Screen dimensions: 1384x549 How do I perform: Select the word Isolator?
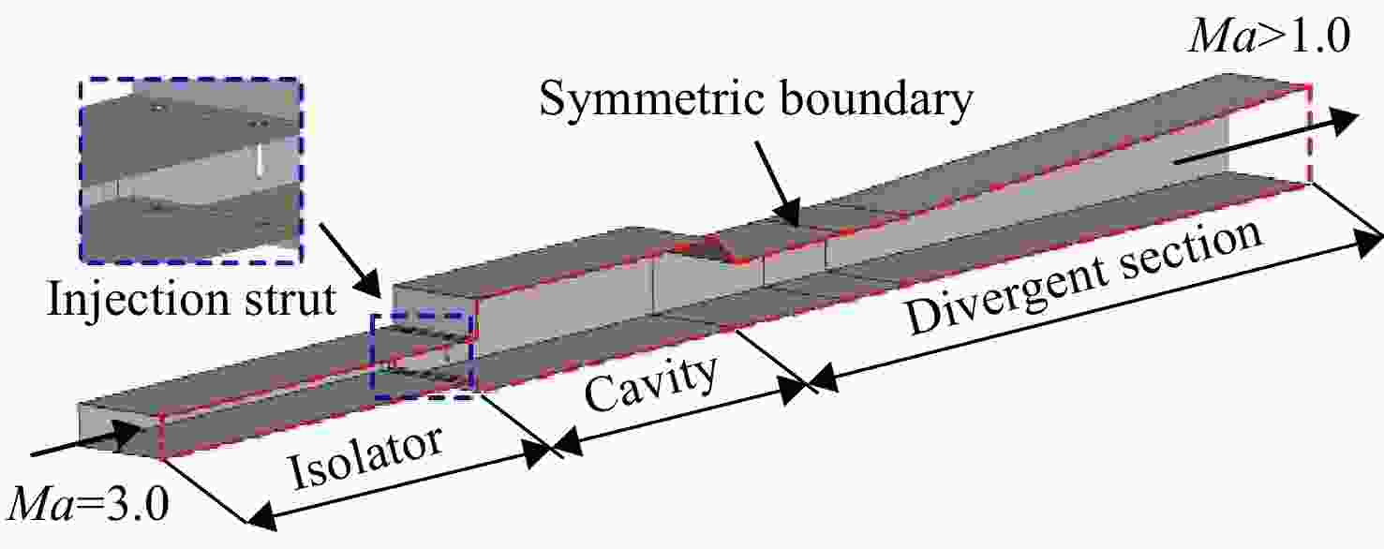(x=366, y=457)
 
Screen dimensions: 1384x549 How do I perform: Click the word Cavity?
(x=651, y=384)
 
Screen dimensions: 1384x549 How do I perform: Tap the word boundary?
(x=877, y=97)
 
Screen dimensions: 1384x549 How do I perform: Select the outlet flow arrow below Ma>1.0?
(x=1267, y=137)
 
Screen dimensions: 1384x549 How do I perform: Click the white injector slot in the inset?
(x=260, y=159)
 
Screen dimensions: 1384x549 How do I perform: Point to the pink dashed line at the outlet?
(x=1309, y=133)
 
